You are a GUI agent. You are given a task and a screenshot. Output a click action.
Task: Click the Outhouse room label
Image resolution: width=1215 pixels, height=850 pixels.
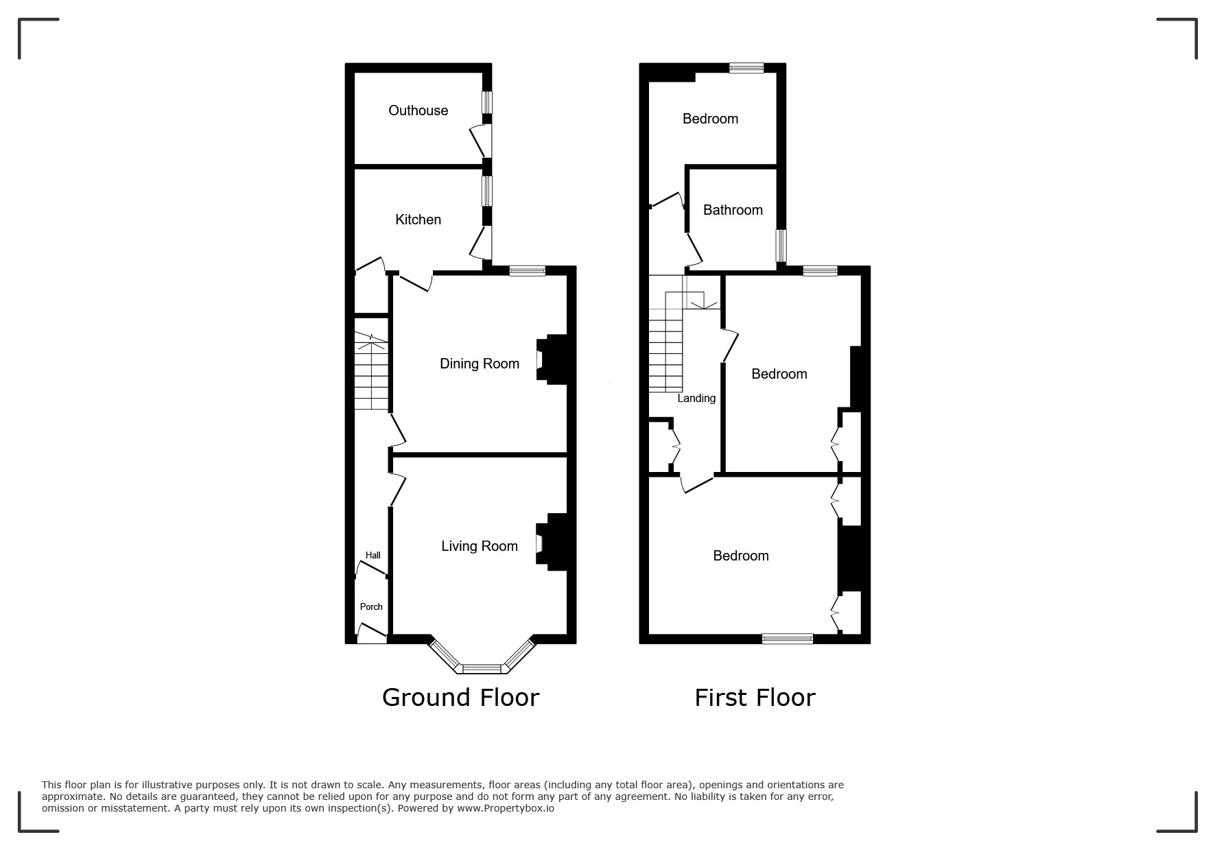point(418,110)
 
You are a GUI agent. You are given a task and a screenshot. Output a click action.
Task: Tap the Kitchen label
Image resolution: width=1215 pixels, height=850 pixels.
point(418,220)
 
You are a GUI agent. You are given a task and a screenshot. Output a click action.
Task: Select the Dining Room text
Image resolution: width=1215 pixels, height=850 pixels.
point(479,364)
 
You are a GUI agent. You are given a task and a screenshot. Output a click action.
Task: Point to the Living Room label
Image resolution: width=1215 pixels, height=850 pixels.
point(479,546)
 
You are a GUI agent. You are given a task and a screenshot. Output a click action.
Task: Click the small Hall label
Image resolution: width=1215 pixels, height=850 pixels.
point(373,555)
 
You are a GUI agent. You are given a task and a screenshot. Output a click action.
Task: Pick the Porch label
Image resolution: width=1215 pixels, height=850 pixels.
point(371,606)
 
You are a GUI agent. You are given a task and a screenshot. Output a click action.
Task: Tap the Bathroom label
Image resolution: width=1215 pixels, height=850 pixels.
point(733,210)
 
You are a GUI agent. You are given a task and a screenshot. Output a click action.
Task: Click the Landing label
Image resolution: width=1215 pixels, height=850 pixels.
point(696,399)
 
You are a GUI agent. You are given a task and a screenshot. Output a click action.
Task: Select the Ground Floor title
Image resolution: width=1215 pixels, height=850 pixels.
point(460,697)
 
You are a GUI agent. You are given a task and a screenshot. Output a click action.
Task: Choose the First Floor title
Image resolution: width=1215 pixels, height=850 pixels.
point(755,697)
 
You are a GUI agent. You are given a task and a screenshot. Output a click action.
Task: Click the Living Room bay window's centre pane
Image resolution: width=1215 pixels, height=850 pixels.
point(482,668)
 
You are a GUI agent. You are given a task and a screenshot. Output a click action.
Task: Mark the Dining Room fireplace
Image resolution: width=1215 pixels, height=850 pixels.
point(553,359)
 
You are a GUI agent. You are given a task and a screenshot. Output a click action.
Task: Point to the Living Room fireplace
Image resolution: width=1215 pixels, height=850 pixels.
point(553,542)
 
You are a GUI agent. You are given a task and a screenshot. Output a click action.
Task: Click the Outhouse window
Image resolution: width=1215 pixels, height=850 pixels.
point(486,102)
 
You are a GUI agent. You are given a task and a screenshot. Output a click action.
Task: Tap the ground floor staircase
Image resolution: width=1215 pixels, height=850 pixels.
point(371,371)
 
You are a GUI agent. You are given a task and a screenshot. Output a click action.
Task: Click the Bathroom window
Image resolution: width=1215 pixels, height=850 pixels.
point(781,246)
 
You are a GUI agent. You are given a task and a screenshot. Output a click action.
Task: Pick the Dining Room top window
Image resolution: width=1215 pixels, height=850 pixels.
point(528,271)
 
